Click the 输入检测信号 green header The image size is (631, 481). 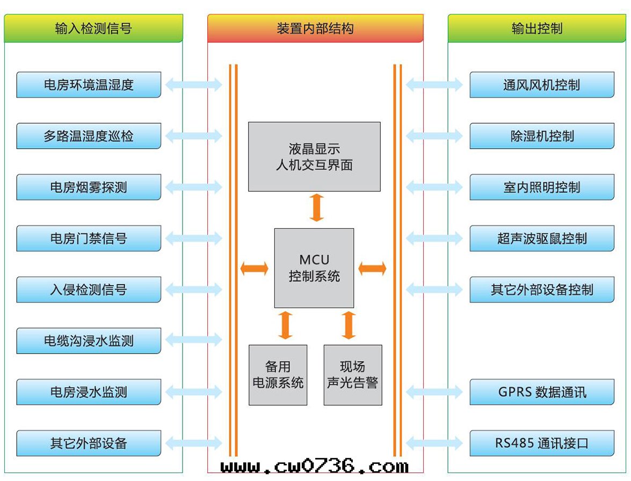tap(93, 28)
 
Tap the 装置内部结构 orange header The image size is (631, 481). tap(315, 28)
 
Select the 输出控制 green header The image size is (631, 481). tap(537, 28)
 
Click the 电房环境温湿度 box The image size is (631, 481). tap(89, 85)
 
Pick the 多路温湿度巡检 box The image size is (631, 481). tap(89, 136)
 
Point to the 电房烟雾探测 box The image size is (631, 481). tap(89, 187)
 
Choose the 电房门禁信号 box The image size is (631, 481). tap(89, 238)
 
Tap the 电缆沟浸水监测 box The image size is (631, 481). tap(89, 341)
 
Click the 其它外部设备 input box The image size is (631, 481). tap(89, 443)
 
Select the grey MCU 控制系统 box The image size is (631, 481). tap(314, 268)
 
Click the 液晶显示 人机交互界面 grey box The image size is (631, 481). tap(314, 156)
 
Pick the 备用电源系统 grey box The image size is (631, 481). tap(278, 375)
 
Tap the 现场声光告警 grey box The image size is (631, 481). tap(353, 375)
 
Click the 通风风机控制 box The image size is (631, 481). tap(542, 85)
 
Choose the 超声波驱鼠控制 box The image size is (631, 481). tap(542, 238)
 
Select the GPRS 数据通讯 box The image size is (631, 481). tap(542, 392)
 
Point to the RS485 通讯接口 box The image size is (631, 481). tap(542, 443)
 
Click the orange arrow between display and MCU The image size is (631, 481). tap(317, 207)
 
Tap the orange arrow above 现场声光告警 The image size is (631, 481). tap(349, 325)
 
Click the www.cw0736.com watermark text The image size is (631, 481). tap(315, 465)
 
